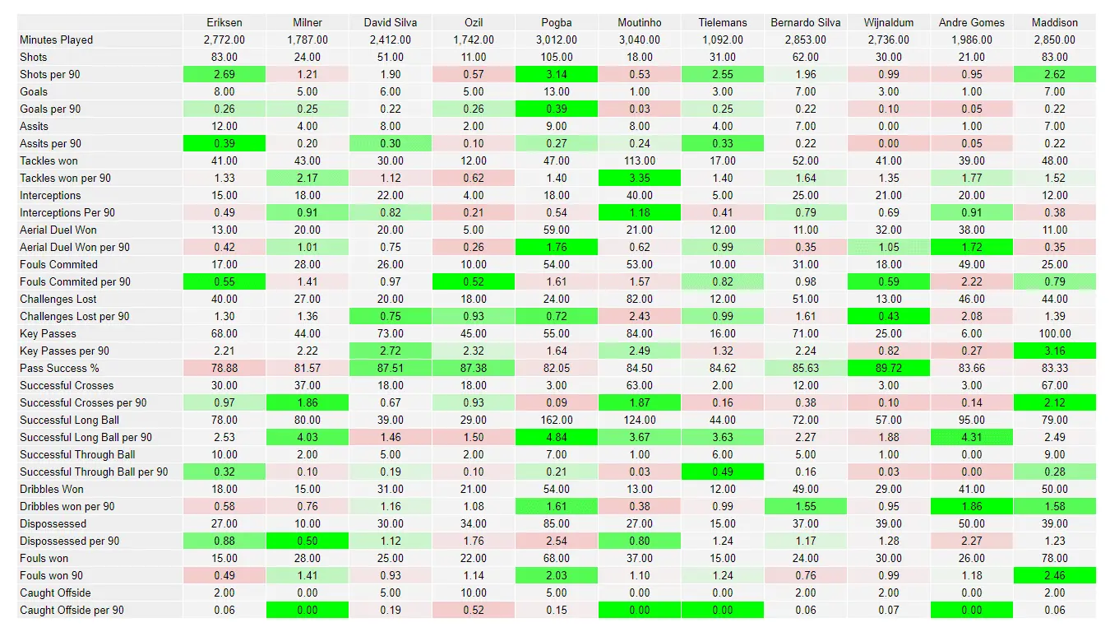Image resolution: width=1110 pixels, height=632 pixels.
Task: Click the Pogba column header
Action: [557, 22]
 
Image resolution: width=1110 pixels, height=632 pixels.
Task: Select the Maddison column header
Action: [1054, 22]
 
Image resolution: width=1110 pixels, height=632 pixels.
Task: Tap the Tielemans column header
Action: [723, 22]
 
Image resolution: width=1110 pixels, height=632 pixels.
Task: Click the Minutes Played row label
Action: [57, 39]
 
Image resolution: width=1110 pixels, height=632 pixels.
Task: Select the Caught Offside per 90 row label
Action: [72, 610]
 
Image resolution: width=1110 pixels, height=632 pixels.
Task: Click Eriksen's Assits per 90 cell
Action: [224, 143]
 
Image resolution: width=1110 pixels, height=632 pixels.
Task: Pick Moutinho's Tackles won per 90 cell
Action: [640, 178]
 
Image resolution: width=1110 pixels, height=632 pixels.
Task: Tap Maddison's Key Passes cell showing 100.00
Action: [1054, 333]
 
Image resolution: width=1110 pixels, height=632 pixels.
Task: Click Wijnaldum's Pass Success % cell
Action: [889, 368]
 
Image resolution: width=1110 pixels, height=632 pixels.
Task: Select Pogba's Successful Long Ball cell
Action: [557, 420]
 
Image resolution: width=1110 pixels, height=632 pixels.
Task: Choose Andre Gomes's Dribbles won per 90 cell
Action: [972, 506]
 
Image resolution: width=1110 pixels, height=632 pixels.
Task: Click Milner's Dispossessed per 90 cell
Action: [308, 541]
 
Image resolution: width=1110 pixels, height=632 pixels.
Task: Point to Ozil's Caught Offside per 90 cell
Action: [474, 610]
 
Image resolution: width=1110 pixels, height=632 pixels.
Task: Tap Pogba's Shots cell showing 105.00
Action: [557, 57]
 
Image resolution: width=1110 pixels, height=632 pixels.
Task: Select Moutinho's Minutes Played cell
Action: [640, 39]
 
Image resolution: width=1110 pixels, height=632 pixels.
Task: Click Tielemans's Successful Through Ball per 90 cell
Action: [723, 472]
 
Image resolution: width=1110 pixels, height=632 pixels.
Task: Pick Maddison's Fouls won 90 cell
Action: [1054, 575]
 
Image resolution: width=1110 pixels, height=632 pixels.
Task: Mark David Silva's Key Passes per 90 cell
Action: [391, 351]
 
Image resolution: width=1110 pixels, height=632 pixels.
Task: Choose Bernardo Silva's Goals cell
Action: [806, 91]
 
